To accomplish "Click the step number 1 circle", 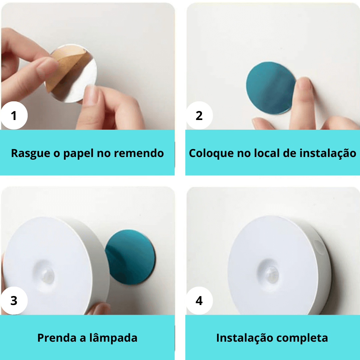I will (x=14, y=116).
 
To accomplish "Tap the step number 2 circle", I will (x=199, y=116).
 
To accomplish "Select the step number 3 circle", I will (x=14, y=301).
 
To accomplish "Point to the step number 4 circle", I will (x=199, y=301).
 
